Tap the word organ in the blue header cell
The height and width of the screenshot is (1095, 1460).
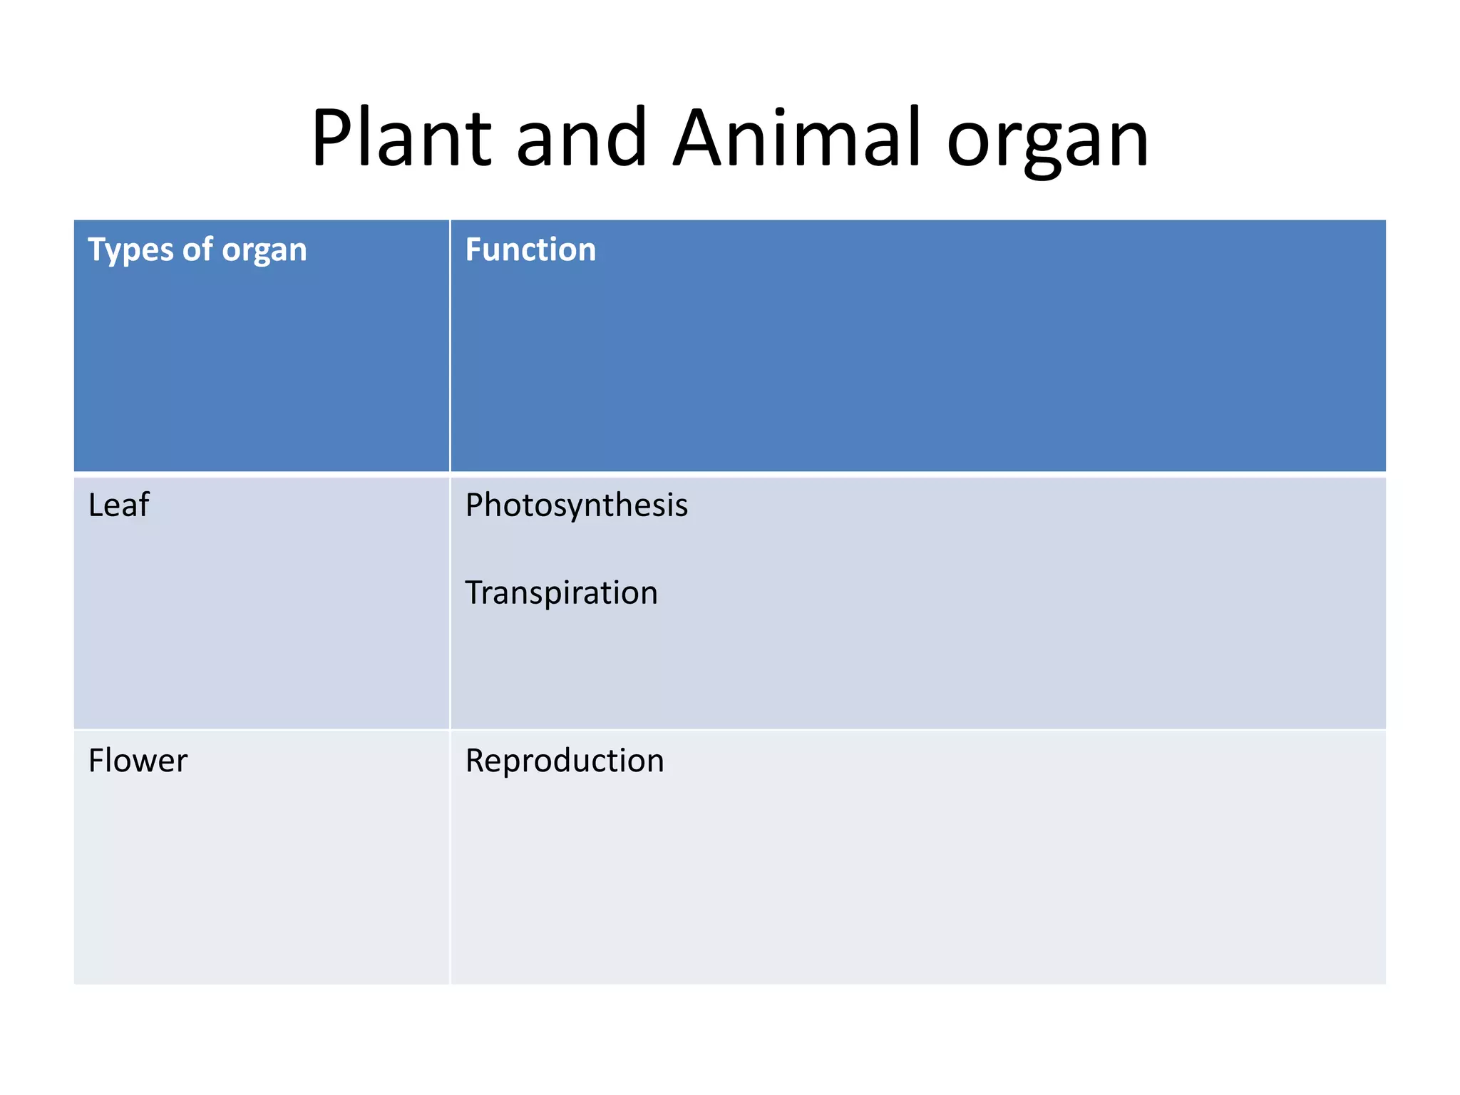(264, 252)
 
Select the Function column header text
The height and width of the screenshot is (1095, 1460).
(530, 250)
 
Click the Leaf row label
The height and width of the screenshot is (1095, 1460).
(118, 505)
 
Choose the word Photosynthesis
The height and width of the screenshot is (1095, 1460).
(576, 506)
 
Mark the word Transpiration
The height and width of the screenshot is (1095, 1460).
(561, 593)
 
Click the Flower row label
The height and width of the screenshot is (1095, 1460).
(138, 761)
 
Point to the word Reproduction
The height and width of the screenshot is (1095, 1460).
(565, 761)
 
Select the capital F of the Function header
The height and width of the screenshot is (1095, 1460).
(473, 250)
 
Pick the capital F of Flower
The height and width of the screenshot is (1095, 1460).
(96, 761)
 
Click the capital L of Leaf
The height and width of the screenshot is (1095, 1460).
(95, 505)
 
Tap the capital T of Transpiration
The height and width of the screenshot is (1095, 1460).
(474, 593)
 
